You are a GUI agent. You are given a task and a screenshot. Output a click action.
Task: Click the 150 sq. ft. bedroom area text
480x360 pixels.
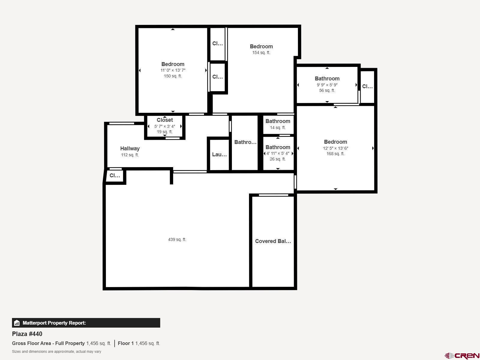(172, 76)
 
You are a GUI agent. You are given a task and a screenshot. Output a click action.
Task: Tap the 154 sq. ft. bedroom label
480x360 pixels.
(261, 46)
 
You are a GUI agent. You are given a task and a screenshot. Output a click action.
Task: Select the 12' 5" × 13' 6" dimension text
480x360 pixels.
(335, 148)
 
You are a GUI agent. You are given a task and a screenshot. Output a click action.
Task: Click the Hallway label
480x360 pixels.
(130, 148)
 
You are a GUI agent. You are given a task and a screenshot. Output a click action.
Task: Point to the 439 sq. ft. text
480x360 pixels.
(177, 239)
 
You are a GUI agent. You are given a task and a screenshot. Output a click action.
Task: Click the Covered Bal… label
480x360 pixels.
(273, 241)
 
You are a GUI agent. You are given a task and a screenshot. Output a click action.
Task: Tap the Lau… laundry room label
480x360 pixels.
(219, 154)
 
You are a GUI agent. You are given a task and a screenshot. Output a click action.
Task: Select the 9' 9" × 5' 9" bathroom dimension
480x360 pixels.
(327, 85)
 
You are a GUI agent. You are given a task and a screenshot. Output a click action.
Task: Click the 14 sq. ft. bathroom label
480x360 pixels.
(277, 127)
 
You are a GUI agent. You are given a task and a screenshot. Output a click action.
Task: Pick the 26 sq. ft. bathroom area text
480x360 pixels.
(277, 159)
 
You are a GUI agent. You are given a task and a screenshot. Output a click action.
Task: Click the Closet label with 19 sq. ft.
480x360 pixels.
(164, 120)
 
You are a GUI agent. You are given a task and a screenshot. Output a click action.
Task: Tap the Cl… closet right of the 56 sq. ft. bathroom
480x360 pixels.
(367, 86)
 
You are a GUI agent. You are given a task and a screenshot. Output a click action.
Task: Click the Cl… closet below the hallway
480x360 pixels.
(115, 175)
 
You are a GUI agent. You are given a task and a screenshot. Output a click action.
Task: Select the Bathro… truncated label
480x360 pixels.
(245, 142)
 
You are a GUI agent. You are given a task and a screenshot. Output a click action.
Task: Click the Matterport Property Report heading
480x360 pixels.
(54, 323)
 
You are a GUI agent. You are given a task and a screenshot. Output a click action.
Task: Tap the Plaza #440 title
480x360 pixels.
(27, 334)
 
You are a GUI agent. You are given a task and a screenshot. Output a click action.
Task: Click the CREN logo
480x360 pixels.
(462, 356)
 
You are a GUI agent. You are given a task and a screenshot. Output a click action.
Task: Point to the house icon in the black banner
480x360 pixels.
(17, 323)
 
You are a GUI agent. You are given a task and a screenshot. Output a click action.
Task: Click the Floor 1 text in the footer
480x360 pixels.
(126, 343)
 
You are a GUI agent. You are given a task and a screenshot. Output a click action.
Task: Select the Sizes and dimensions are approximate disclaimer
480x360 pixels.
(56, 352)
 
